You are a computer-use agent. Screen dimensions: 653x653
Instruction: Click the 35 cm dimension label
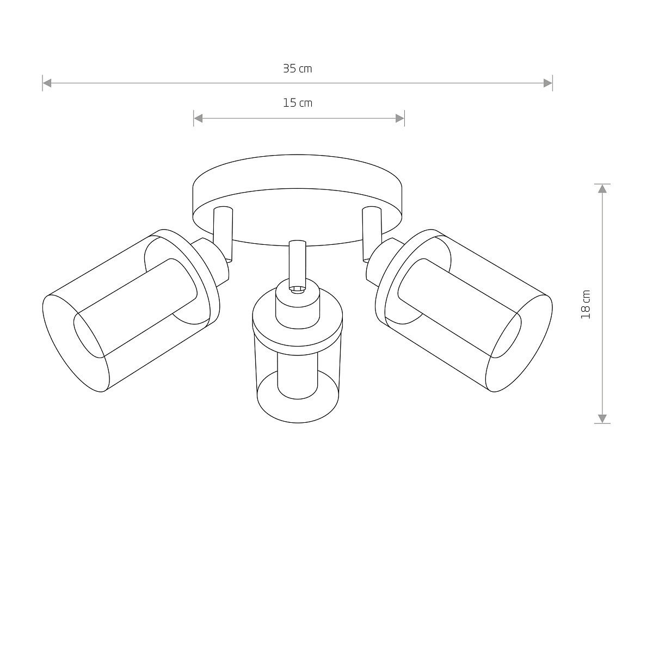(297, 69)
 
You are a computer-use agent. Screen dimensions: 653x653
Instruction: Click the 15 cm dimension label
(298, 103)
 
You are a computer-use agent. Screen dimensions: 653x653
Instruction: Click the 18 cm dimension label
(586, 304)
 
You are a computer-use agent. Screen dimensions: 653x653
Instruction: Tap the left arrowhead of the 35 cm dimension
(47, 83)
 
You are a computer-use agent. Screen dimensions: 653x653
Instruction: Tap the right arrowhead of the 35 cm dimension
(548, 83)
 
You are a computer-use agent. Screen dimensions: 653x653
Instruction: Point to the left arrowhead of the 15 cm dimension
(198, 118)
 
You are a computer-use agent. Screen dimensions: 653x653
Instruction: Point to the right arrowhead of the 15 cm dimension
(400, 118)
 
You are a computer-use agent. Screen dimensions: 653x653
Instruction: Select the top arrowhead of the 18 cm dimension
(602, 189)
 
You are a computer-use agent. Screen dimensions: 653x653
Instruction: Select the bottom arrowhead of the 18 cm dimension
(602, 418)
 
